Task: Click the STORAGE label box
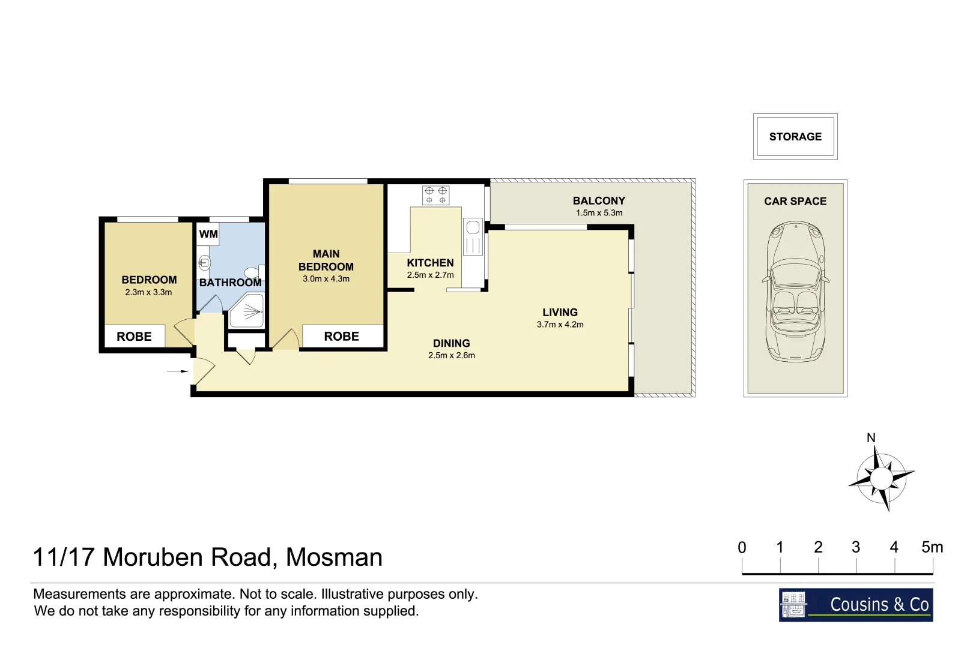(795, 137)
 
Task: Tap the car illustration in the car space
(796, 292)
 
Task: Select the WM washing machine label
(208, 234)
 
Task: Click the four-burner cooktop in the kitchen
(435, 195)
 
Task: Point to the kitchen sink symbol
(473, 238)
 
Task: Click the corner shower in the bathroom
(247, 311)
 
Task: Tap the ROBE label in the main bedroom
(342, 337)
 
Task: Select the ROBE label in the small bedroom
(134, 337)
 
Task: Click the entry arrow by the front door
(178, 371)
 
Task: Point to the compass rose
(881, 479)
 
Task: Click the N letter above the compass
(871, 438)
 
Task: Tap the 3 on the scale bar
(856, 547)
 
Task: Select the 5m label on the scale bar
(932, 547)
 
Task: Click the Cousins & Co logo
(856, 605)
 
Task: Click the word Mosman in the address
(334, 557)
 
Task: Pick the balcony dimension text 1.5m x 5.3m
(599, 213)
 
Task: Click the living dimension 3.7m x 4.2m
(560, 325)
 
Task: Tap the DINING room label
(451, 343)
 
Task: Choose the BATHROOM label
(230, 283)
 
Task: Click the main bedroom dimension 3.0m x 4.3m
(326, 279)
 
